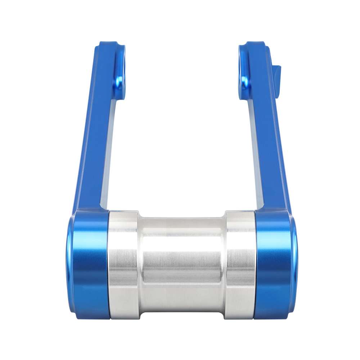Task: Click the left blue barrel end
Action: tap(88, 265)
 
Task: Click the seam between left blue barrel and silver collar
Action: tap(109, 265)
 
